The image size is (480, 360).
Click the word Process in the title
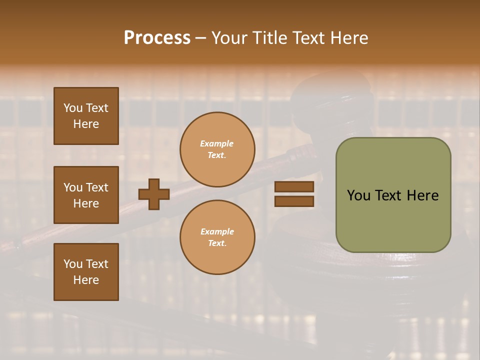(157, 37)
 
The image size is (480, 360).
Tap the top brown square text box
(86, 116)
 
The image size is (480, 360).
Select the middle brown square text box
(86, 195)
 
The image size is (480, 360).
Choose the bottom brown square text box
(86, 272)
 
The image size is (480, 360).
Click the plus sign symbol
(154, 194)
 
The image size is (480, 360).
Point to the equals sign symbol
(294, 194)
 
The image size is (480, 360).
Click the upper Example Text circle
(217, 149)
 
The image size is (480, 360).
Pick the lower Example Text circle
(217, 237)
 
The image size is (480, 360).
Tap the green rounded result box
(393, 195)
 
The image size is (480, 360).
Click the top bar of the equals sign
(294, 186)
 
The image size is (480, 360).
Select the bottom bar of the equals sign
(294, 201)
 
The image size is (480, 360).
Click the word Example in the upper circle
(217, 143)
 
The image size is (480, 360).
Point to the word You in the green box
(358, 195)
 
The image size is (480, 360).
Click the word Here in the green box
(422, 195)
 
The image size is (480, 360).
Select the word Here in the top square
(86, 124)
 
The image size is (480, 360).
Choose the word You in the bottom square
(73, 264)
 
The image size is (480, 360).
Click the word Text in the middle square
(97, 187)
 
